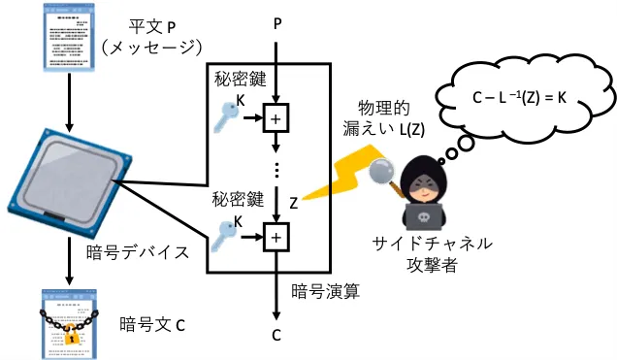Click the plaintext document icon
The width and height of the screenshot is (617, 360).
69,38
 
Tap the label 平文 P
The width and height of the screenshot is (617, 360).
152,27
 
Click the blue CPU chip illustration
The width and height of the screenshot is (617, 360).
70,182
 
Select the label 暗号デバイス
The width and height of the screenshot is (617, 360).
138,252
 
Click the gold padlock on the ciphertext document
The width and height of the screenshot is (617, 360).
71,335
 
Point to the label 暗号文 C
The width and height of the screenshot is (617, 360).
152,325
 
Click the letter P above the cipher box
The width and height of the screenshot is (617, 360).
277,24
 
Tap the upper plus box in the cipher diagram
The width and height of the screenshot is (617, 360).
276,118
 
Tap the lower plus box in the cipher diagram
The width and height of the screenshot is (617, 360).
276,237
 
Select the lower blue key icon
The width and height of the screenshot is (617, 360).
224,235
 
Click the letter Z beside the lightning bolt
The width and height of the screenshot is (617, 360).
294,203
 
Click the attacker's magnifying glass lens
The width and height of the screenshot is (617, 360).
381,171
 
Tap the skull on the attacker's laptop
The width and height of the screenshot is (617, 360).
423,217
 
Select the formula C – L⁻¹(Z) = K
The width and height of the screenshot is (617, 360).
519,97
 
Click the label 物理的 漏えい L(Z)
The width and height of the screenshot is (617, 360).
384,118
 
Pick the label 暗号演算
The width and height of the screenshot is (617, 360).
325,291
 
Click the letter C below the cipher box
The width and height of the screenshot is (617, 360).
276,335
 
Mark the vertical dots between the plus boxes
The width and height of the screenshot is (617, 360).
276,170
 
